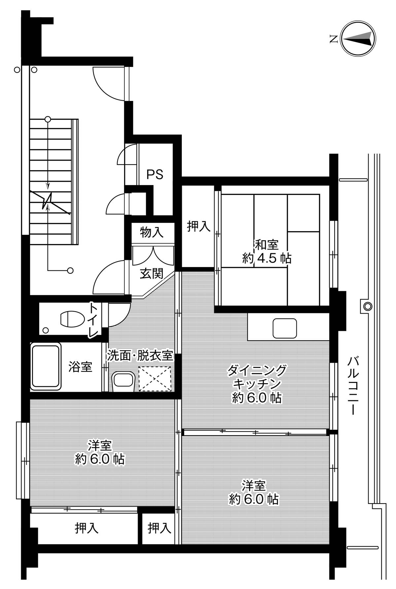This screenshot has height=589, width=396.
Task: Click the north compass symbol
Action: [358, 39]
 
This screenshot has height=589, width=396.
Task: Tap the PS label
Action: [155, 174]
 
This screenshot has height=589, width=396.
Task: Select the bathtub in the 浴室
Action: [46, 366]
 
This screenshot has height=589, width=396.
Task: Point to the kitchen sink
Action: [284, 328]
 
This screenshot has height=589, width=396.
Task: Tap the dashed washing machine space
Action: [155, 379]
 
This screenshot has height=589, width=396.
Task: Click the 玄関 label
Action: [151, 273]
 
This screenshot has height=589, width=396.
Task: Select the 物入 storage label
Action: [152, 232]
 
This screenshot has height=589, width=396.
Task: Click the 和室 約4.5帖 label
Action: [267, 251]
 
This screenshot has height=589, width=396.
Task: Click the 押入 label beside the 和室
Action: [199, 226]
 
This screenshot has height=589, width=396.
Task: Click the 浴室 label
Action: [80, 366]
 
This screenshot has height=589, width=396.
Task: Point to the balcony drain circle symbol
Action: [367, 306]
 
